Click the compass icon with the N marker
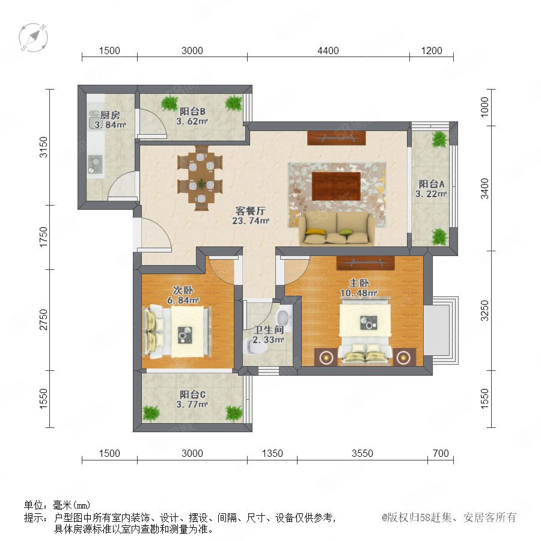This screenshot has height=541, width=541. [33, 37]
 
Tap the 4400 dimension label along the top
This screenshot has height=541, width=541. [328, 50]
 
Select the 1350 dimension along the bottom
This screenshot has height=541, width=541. [272, 453]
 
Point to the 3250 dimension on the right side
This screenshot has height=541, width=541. [484, 311]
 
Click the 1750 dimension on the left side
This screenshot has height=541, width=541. [43, 237]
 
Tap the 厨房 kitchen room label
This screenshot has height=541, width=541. [110, 115]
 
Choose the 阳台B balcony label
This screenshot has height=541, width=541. [192, 111]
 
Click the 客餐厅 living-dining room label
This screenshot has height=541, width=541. [251, 210]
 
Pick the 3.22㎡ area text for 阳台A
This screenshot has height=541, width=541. [431, 194]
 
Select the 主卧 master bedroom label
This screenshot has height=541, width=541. [359, 283]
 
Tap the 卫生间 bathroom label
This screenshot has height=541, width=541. [269, 330]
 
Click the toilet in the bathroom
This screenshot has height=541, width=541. [254, 346]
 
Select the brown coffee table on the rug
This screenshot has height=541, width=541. [337, 186]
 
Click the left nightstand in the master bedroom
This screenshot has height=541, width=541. [326, 357]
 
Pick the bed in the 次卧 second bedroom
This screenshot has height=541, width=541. [177, 332]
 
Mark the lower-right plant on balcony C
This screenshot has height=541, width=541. [234, 413]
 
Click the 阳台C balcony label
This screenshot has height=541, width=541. [192, 394]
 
